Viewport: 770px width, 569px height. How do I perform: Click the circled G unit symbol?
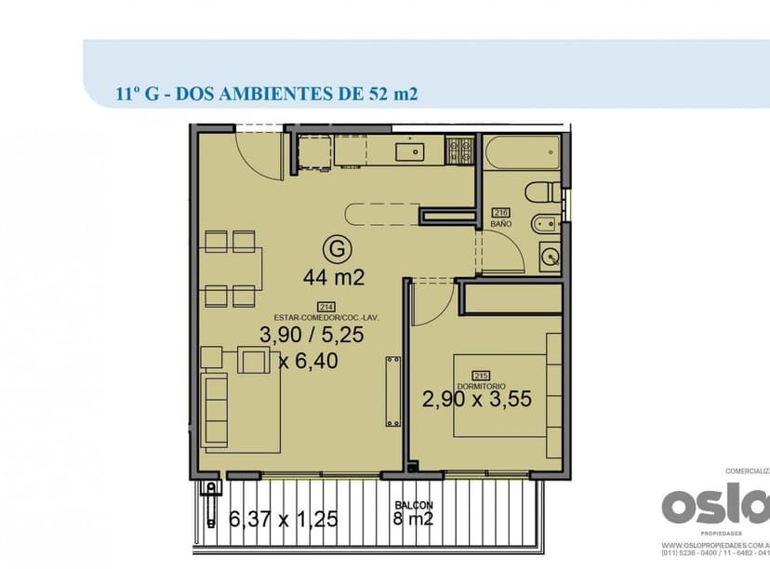click(338, 249)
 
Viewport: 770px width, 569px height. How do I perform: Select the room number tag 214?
click(326, 308)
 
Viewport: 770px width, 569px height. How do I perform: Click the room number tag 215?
click(481, 376)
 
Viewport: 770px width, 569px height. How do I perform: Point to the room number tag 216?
click(500, 213)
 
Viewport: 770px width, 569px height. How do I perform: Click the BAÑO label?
click(500, 225)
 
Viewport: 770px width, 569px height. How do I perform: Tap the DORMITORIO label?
click(481, 386)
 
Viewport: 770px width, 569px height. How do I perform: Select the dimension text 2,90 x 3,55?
click(476, 402)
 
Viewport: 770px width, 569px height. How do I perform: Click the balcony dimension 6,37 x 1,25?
click(283, 519)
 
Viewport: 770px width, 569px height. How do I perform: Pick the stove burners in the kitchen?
click(459, 150)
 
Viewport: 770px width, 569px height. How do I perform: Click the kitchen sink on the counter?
click(409, 150)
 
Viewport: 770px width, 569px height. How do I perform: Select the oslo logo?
click(714, 508)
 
